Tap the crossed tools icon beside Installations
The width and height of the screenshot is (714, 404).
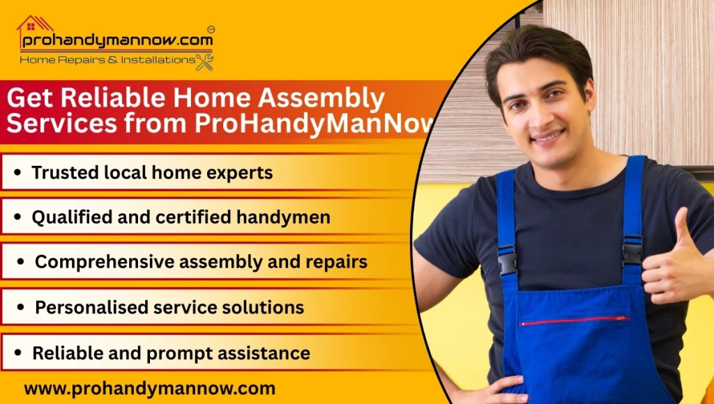(x=204, y=61)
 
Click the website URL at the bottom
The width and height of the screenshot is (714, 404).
(x=149, y=388)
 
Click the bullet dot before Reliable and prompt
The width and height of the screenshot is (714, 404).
(x=19, y=353)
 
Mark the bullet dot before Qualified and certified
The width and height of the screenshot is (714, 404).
(x=18, y=218)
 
